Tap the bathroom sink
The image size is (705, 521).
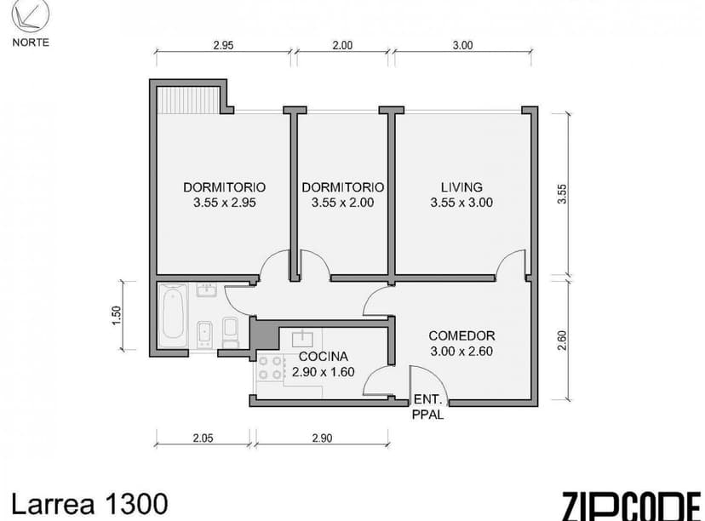point(205,291)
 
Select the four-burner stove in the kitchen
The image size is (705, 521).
point(272,368)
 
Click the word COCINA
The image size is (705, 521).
point(322,357)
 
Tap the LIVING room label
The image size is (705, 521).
point(461,187)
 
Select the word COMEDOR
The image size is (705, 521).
point(461,335)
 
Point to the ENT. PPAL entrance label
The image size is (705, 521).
point(427,408)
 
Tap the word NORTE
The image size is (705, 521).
point(31,42)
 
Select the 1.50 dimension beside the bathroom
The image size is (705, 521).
point(117,315)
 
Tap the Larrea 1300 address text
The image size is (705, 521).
point(83,502)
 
